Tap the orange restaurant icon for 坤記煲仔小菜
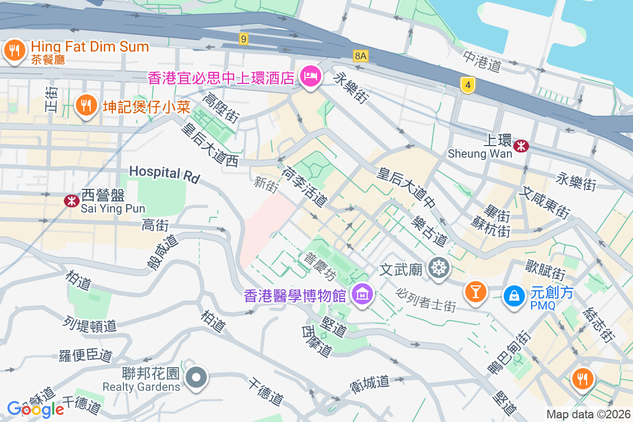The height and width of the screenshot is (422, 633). tap(85, 105)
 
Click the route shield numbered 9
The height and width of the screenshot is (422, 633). tap(243, 39)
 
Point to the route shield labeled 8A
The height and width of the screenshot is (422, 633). tap(361, 55)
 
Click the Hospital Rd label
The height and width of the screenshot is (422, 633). tap(164, 174)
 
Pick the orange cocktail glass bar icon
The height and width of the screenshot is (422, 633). tap(475, 291)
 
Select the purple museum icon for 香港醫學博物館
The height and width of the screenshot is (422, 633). tap(362, 294)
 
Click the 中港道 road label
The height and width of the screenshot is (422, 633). tap(482, 61)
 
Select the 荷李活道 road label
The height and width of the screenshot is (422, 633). tap(304, 186)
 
